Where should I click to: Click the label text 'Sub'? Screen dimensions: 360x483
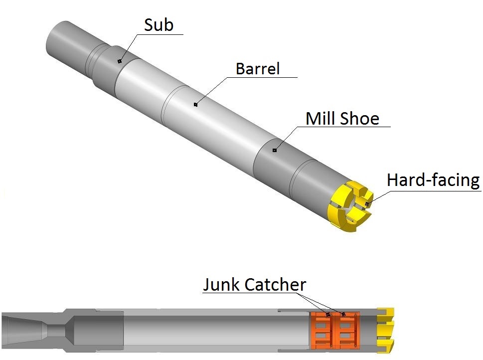coord(159,25)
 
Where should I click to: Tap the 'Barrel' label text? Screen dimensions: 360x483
coord(258,68)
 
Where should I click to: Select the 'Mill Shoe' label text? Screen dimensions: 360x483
coord(342,119)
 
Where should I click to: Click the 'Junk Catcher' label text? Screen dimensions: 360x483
coord(254,285)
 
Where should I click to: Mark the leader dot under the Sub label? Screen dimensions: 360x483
coord(120,61)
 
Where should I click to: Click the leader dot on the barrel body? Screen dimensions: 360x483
coord(196,104)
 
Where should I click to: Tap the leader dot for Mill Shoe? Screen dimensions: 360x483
coord(274,150)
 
